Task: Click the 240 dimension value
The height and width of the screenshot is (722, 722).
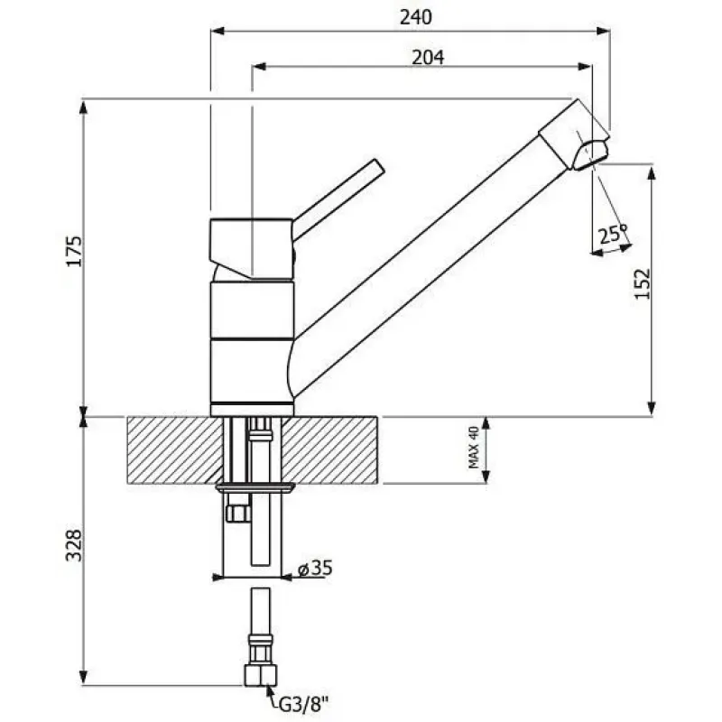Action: pyautogui.click(x=416, y=17)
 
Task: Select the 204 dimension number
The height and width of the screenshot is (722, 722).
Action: pyautogui.click(x=428, y=58)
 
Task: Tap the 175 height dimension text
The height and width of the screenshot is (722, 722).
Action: pyautogui.click(x=74, y=252)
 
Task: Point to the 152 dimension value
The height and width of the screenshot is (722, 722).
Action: pyautogui.click(x=643, y=283)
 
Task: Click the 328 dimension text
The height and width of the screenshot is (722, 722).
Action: pyautogui.click(x=74, y=546)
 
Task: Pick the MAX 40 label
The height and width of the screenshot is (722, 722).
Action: pyautogui.click(x=473, y=448)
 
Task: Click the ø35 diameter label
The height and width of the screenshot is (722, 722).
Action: pyautogui.click(x=315, y=568)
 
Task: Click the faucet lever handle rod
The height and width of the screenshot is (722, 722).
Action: pyautogui.click(x=338, y=199)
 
